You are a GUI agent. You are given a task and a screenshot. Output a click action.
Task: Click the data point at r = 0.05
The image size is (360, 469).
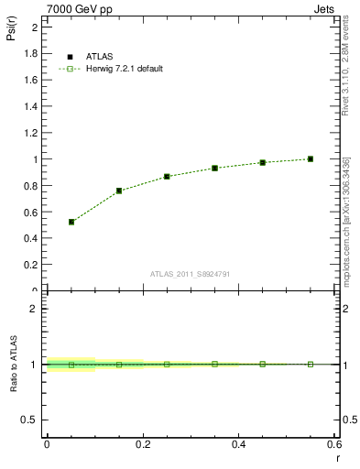(71, 222)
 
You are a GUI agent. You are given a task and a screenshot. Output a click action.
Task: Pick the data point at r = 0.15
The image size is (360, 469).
(119, 191)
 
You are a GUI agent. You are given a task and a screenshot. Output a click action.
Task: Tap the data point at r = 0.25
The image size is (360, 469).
(167, 176)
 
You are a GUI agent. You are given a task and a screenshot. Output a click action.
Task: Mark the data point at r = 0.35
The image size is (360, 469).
(214, 168)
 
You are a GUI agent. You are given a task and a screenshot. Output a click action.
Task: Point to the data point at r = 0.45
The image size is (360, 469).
(262, 162)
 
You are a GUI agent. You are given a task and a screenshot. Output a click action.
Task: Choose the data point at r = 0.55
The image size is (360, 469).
(311, 158)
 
